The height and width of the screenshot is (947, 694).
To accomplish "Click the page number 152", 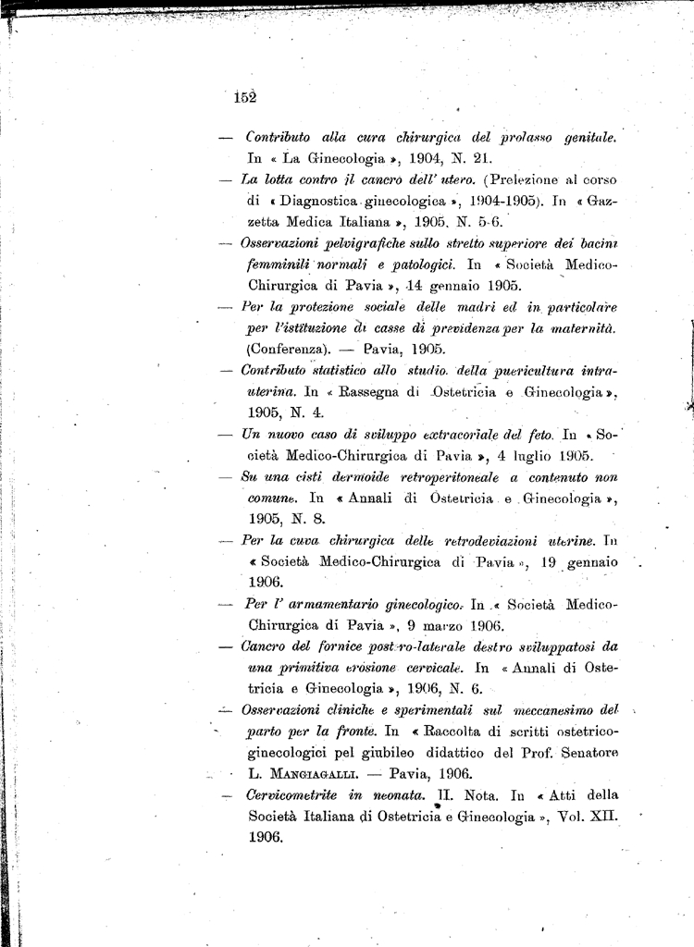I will coord(244,97).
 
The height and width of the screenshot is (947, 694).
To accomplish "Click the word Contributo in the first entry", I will coord(279,138).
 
